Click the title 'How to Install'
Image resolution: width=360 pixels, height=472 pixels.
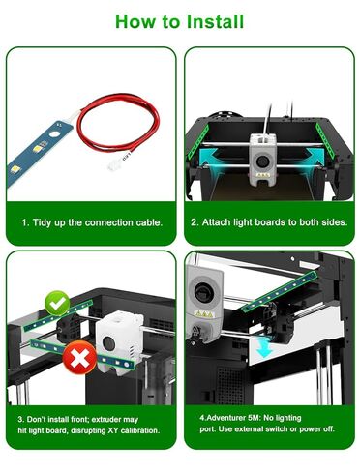pyautogui.click(x=180, y=20)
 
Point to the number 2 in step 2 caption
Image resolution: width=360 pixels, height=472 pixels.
pyautogui.click(x=193, y=221)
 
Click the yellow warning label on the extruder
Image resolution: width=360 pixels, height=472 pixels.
pyautogui.click(x=204, y=314)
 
